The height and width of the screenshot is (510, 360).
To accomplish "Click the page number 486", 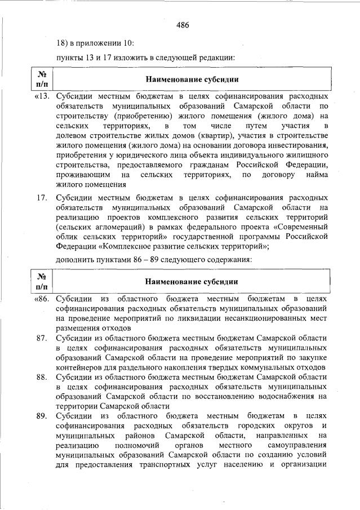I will pos(182,24).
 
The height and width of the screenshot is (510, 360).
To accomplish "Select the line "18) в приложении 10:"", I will pos(95,43).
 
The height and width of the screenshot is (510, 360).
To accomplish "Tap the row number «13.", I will pos(42,96).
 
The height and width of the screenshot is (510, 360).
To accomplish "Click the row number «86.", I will pos(42,298).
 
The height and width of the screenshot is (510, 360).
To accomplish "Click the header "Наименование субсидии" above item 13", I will pos(191,79).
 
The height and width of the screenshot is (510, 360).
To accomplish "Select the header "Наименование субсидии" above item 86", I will pos(191,281).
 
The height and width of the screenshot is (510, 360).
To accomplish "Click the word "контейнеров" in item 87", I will pos(81,366).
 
